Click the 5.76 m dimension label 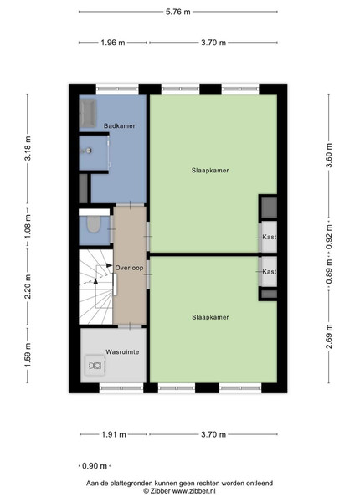pos(177,12)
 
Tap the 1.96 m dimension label pos(113,43)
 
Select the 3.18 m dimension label pos(28,148)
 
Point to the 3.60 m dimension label pos(329,156)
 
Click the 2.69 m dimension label pos(329,336)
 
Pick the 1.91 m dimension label pos(114,434)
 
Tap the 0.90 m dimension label pos(95,466)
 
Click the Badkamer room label pos(120,126)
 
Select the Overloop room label pos(130,268)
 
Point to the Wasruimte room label pos(122,352)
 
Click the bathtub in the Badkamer pos(88,113)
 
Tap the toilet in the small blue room pos(94,224)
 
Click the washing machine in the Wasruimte pos(95,366)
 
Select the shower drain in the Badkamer pos(88,150)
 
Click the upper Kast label pos(270,237)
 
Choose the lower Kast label pos(270,271)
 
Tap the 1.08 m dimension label pos(28,227)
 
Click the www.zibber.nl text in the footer pos(193,491)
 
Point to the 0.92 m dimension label pos(329,237)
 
